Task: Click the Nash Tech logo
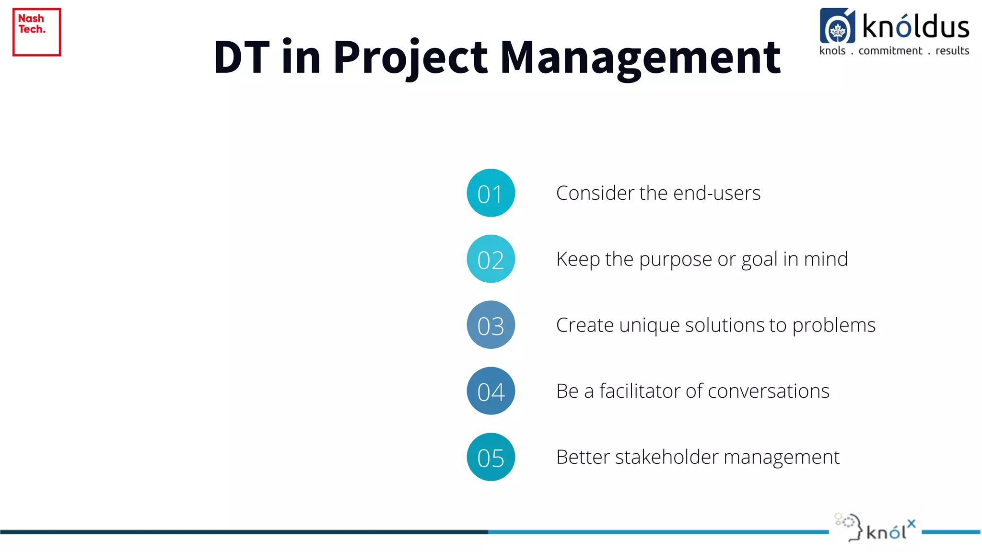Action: click(36, 32)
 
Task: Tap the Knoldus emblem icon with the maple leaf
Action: click(837, 26)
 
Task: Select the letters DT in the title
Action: click(241, 57)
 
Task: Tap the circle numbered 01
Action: click(491, 193)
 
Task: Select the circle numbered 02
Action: click(491, 259)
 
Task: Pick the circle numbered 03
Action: click(491, 325)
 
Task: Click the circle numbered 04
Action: click(491, 391)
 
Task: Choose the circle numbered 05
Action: click(491, 457)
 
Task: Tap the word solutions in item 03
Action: click(726, 325)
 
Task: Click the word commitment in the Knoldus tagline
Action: click(890, 51)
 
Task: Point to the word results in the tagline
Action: click(952, 51)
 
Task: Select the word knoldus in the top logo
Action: click(915, 27)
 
